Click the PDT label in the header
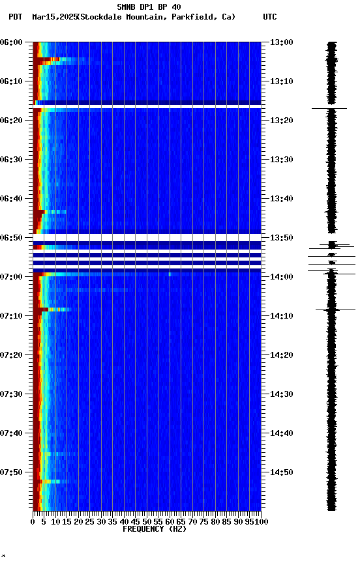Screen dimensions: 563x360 [x=16, y=17]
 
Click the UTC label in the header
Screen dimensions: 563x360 [x=270, y=17]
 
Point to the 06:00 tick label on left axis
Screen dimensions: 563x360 [x=12, y=42]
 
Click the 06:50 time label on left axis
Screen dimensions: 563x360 [x=12, y=238]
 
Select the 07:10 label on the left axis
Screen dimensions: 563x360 [x=12, y=316]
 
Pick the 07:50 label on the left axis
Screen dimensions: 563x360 [x=12, y=472]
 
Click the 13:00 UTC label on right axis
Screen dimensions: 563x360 [x=281, y=42]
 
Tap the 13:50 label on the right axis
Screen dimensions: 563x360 [x=281, y=238]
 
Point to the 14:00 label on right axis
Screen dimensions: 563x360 [x=281, y=277]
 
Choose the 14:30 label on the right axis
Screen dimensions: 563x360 [x=281, y=394]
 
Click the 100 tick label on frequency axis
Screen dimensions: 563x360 [x=261, y=522]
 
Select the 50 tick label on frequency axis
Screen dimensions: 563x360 [x=147, y=522]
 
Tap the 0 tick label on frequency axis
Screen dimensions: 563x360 [x=33, y=522]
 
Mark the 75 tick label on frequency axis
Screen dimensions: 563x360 [x=204, y=522]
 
